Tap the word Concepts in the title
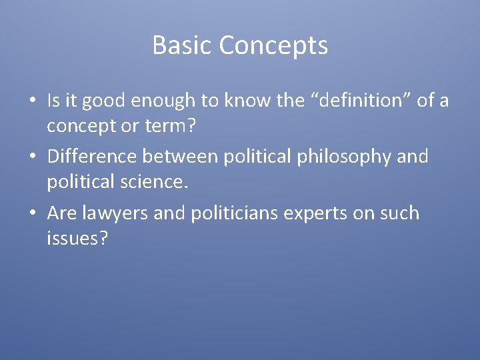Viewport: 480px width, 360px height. click(x=273, y=46)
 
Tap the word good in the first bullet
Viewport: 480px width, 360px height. click(x=102, y=101)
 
